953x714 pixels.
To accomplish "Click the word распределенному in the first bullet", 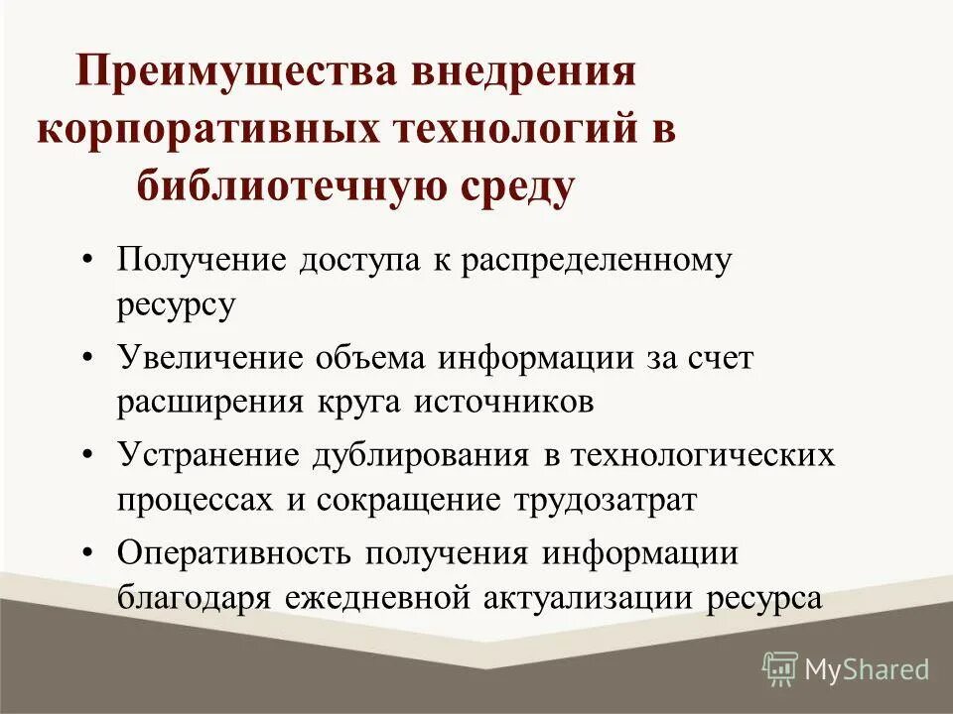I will [x=596, y=261].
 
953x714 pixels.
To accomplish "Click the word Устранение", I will [x=209, y=455].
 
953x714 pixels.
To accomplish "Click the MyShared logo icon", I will [x=780, y=668].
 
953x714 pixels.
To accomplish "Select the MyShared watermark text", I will [x=867, y=669].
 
